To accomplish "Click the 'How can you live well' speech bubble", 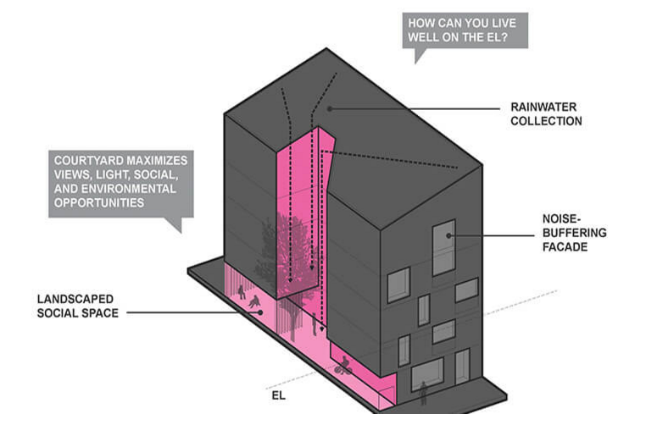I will coord(465,30).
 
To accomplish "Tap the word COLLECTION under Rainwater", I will coord(546,121).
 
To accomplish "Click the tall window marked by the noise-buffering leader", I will coord(443,248).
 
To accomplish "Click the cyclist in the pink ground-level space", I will coord(342,366).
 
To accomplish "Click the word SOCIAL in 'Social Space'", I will coord(59,313).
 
